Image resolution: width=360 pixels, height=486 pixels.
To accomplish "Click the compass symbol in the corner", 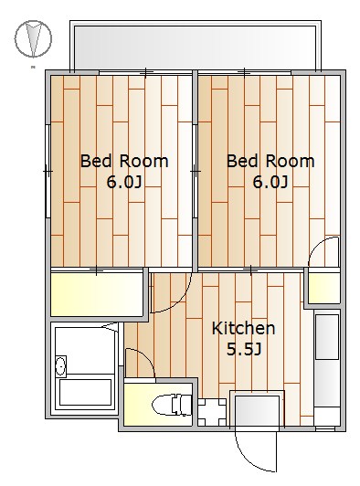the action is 33,38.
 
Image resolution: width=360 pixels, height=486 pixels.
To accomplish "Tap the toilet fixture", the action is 172,405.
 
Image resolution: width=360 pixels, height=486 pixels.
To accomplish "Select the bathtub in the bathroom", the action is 85,392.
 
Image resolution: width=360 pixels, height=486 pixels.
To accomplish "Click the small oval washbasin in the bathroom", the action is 61,366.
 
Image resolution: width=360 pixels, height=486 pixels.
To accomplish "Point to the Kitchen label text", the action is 243,328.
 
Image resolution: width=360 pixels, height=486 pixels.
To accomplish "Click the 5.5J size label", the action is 244,349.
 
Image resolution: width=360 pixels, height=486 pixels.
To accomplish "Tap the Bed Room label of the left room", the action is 124,161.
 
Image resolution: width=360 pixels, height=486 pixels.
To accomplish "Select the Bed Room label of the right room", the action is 270,161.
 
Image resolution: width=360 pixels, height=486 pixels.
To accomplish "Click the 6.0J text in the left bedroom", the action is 124,182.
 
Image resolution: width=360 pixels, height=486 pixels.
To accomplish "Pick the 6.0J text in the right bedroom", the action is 270,182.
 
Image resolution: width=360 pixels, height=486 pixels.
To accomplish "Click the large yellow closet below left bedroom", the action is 97,294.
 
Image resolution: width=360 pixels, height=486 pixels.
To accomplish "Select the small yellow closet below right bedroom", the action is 324,288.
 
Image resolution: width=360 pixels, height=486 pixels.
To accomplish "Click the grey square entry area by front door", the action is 257,410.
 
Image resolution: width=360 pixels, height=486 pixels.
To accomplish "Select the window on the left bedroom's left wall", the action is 48,171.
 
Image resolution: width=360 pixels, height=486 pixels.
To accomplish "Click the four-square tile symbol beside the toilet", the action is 212,412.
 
